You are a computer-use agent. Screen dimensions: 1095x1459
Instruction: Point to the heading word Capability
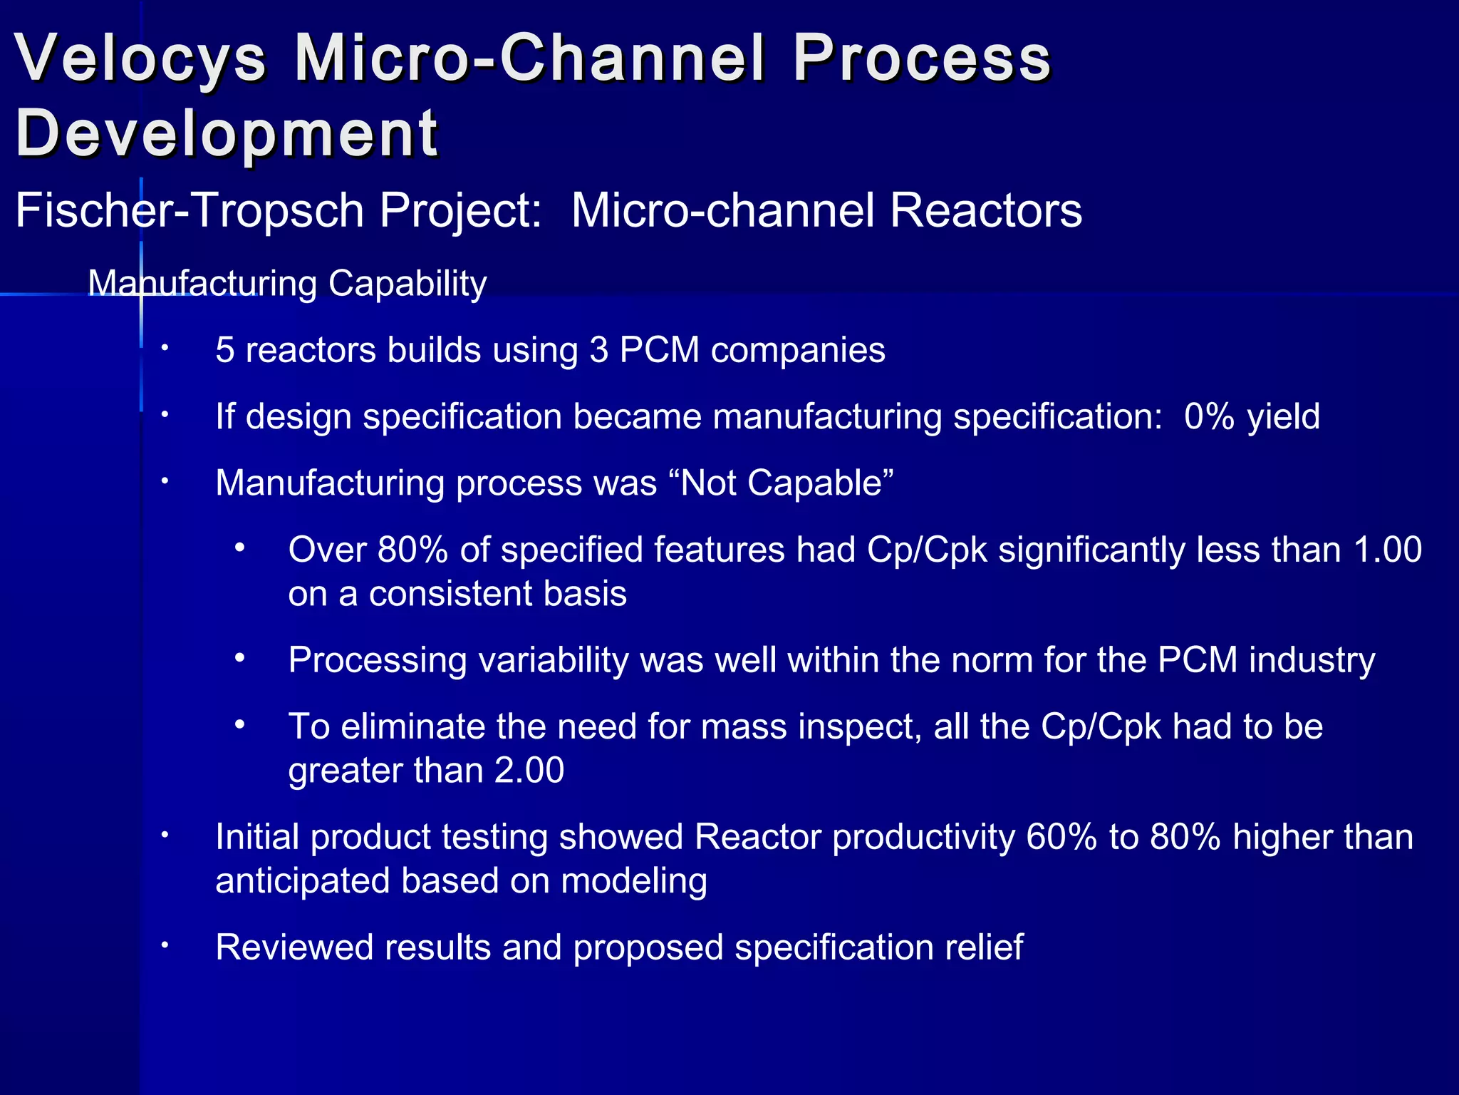click(x=407, y=283)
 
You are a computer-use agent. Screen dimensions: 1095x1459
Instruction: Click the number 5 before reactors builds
click(x=225, y=350)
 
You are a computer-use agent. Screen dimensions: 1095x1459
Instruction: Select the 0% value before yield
click(x=1209, y=416)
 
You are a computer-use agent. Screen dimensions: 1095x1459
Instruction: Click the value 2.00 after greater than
click(x=529, y=770)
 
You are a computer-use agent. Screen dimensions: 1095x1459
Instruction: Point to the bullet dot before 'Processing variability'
click(x=240, y=659)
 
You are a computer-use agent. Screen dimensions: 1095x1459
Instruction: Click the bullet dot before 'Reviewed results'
click(x=164, y=945)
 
